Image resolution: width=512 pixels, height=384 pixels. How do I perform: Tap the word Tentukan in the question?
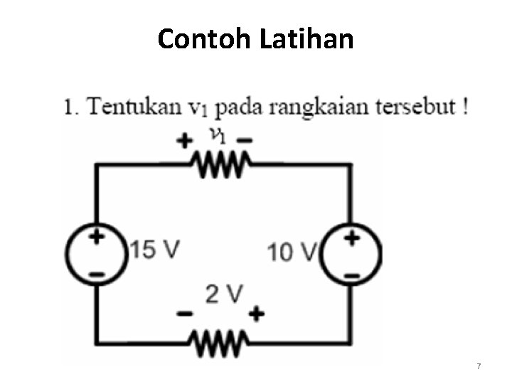coord(132,108)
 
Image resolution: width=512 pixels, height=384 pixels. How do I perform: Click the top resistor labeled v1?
coord(220,166)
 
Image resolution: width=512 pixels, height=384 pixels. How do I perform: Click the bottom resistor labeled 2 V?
coord(220,345)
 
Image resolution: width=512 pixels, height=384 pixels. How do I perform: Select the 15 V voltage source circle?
coord(97,255)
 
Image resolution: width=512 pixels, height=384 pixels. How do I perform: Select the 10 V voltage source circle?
coord(350,255)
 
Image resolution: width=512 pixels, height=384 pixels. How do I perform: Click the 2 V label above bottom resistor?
coord(224,294)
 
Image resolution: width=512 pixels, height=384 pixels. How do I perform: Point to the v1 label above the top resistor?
coord(217,134)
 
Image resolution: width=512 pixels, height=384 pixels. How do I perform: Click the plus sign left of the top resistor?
coord(185,141)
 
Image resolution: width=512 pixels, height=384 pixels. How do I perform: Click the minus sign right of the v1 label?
coord(244,141)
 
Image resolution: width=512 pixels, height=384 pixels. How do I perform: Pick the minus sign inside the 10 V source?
coord(351,274)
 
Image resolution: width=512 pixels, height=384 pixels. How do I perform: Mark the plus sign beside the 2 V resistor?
coord(256,313)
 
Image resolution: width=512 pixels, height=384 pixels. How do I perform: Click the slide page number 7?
coord(479,366)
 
